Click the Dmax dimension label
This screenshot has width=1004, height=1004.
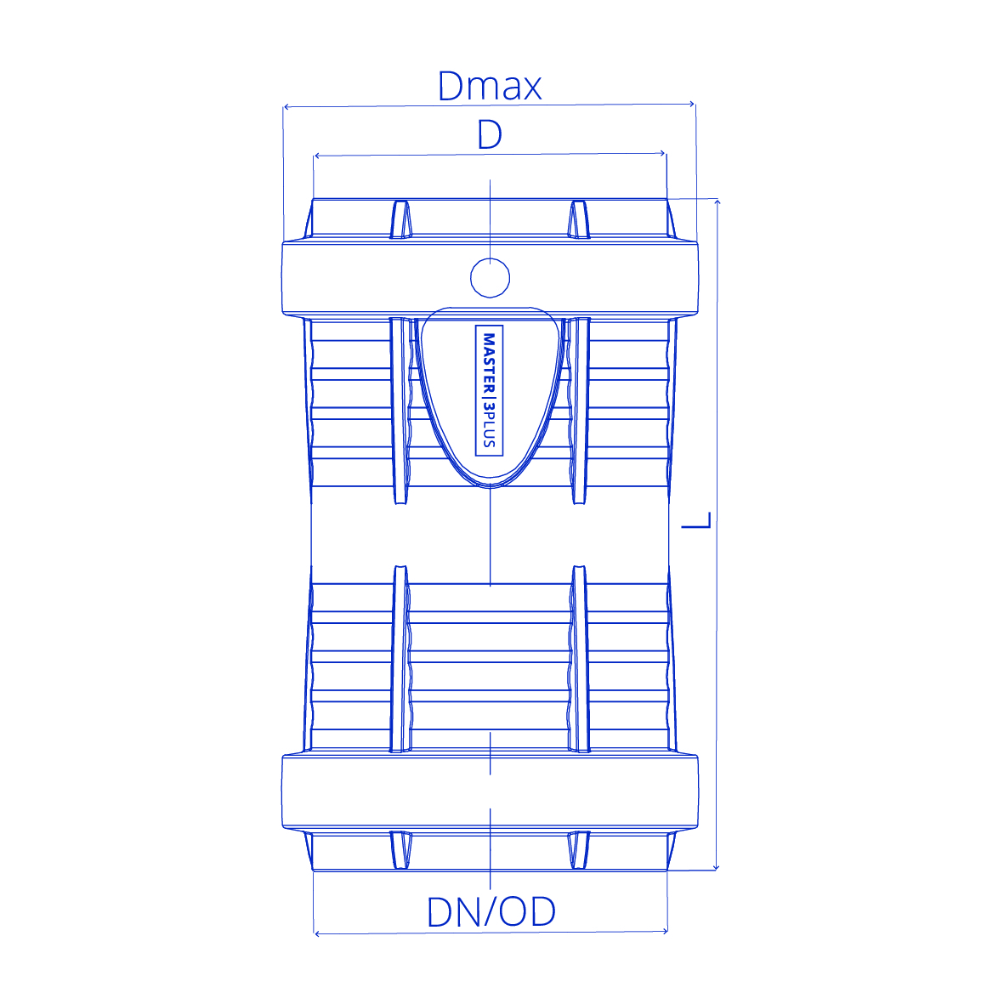(x=490, y=86)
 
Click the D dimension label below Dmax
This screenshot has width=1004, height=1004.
(x=490, y=134)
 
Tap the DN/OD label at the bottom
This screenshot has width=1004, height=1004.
(x=491, y=912)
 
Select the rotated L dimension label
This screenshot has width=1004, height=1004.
(x=696, y=520)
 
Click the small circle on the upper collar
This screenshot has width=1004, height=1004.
(x=490, y=278)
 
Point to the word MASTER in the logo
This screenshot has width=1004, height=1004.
(x=489, y=362)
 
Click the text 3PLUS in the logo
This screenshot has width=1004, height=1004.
(x=489, y=424)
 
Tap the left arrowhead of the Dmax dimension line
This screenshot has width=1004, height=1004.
(x=286, y=107)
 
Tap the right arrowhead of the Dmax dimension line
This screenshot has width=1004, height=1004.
(x=691, y=104)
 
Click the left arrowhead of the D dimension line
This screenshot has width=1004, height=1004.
(x=317, y=156)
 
